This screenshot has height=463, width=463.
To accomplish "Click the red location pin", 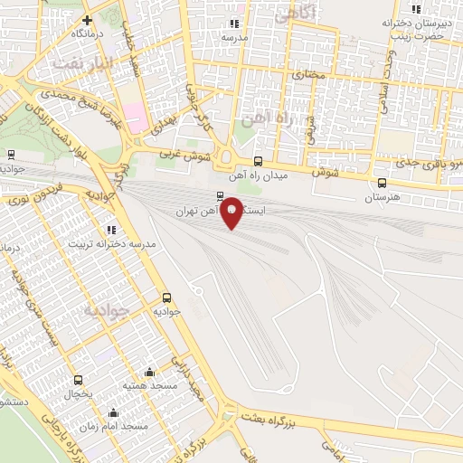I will pyautogui.click(x=232, y=212).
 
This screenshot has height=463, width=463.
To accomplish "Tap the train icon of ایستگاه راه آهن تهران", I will pyautogui.click(x=220, y=196).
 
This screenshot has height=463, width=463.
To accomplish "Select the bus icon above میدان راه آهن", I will pyautogui.click(x=259, y=161).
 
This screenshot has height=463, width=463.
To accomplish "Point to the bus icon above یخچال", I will pyautogui.click(x=78, y=381).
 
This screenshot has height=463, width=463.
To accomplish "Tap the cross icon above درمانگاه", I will pyautogui.click(x=87, y=20).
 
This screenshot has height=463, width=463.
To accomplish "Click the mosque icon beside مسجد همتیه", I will pyautogui.click(x=149, y=373).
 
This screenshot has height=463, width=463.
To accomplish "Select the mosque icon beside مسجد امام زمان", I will pyautogui.click(x=112, y=411).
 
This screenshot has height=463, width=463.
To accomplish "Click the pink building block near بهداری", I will pyautogui.click(x=133, y=117).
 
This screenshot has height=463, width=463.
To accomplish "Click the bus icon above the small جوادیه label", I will pyautogui.click(x=167, y=298).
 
